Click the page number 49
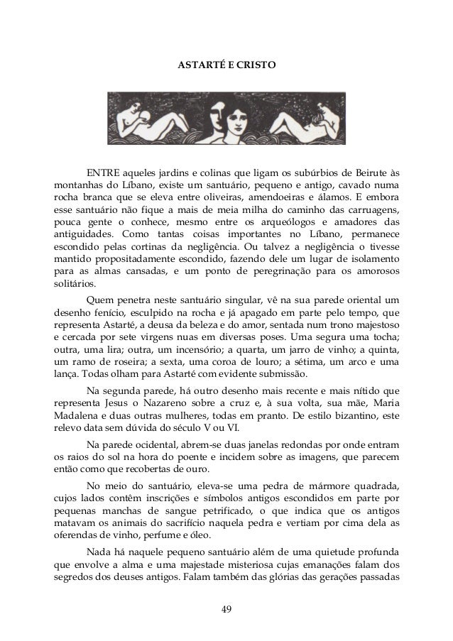tap(226, 608)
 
